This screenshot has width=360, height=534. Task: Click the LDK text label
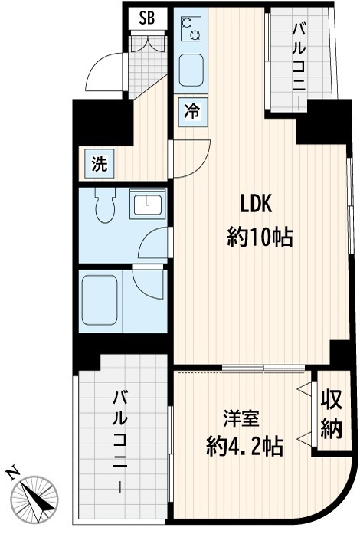tap(257, 205)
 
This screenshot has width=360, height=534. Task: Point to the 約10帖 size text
tap(259, 238)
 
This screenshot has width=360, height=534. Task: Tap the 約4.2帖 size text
tap(244, 447)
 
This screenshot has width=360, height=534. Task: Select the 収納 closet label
tap(330, 414)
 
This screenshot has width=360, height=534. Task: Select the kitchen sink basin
tap(190, 72)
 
